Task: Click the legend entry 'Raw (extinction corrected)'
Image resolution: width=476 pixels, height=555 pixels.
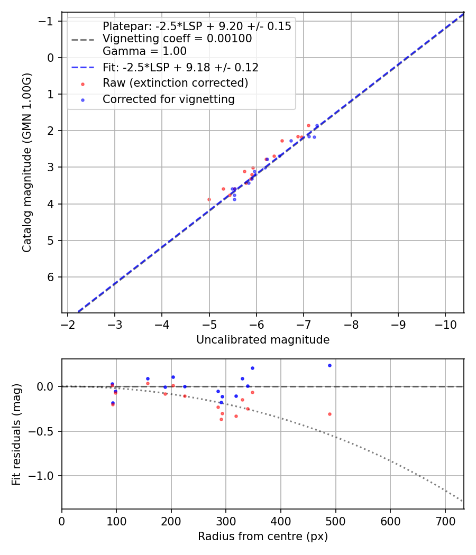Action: (175, 83)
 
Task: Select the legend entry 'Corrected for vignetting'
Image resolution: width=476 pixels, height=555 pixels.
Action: (169, 99)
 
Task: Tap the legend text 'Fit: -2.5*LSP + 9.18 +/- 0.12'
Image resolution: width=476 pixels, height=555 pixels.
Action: (180, 68)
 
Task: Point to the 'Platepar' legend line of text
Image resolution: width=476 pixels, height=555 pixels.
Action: (197, 26)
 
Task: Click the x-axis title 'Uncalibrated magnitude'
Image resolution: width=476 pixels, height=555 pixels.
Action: (263, 340)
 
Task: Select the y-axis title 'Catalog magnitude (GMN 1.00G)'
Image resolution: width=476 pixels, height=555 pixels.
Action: (27, 162)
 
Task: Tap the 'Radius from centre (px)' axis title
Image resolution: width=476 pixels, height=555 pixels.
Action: (263, 536)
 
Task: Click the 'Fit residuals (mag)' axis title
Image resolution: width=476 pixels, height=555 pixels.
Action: (16, 434)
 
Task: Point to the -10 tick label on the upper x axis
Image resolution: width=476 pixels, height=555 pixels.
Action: (445, 323)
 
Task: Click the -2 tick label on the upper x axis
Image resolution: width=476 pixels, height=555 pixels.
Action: (68, 323)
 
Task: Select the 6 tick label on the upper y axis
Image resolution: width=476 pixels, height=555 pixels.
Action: (51, 277)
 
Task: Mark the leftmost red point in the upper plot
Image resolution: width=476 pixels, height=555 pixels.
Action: (209, 199)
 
